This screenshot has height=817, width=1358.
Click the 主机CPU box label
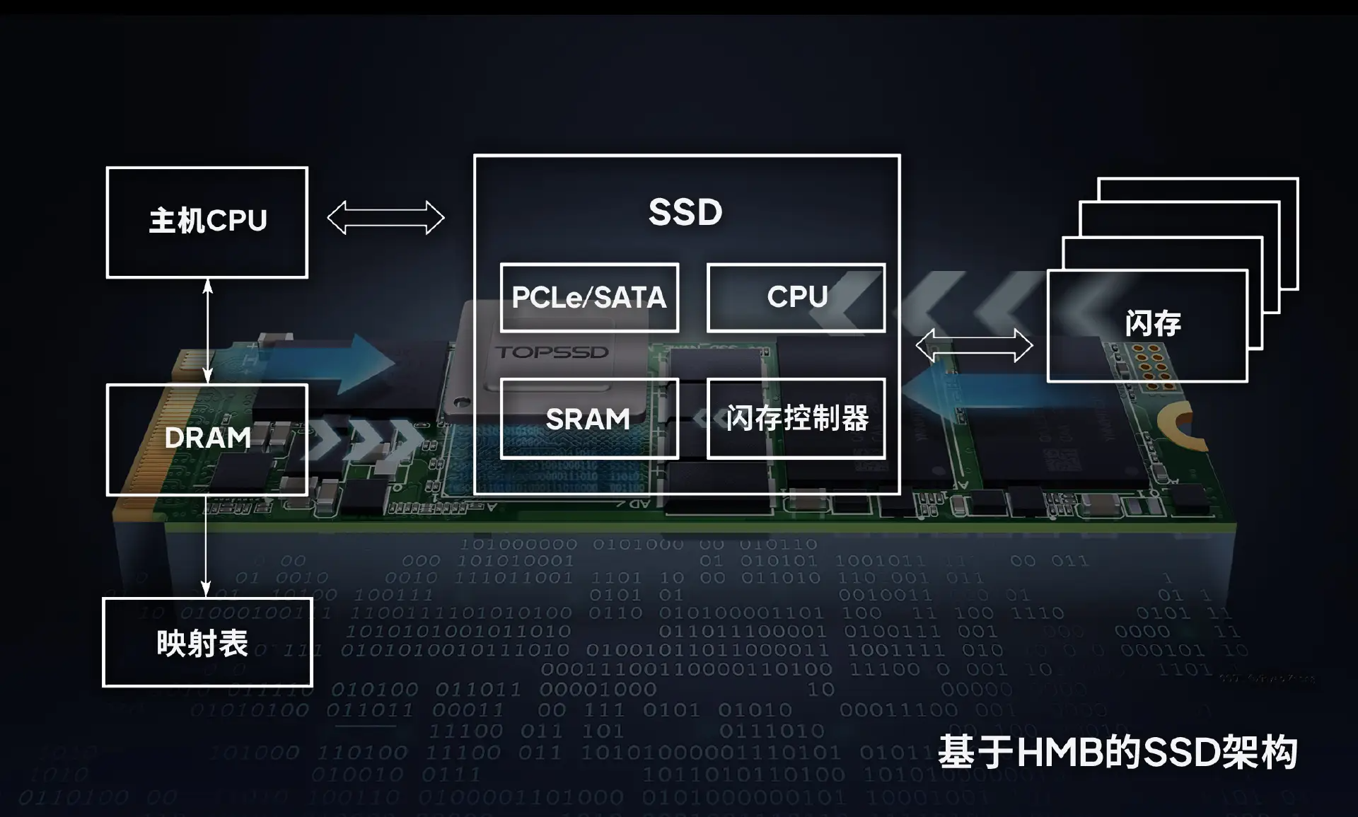pos(207,221)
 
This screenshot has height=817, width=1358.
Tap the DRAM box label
pos(207,438)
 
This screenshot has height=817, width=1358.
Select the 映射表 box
pos(207,642)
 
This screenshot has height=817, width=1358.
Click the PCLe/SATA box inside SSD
pos(589,297)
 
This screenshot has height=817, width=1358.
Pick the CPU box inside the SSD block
pos(796,297)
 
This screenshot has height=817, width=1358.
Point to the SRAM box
pos(588,419)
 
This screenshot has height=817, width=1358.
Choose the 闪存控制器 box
pos(796,419)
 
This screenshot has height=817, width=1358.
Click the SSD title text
pos(685,212)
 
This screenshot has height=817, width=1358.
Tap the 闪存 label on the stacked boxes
pos(1152,323)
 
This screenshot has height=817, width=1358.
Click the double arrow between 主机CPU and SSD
pos(385,217)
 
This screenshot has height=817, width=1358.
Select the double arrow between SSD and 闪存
pos(974,346)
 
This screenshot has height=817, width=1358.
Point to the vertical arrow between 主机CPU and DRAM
pos(207,331)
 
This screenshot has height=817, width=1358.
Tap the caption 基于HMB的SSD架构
pos(1118,752)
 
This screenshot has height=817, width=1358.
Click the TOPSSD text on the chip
pos(552,352)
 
